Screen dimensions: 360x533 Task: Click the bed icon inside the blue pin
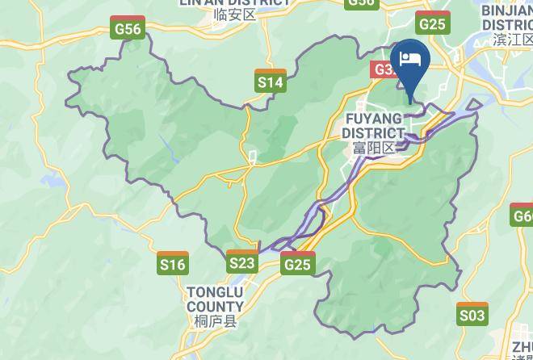click(x=409, y=59)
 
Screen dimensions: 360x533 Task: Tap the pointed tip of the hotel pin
click(x=409, y=103)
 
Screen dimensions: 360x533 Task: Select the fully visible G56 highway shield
click(x=128, y=29)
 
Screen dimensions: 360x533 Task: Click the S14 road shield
click(x=270, y=81)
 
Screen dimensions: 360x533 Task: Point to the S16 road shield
click(x=173, y=263)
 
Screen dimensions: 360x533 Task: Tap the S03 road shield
click(x=472, y=314)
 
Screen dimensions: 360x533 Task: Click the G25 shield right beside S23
click(x=297, y=263)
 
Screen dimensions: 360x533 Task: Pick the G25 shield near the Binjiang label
click(x=433, y=23)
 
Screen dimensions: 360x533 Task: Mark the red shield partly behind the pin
click(x=384, y=69)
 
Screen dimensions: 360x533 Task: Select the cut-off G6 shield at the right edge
click(x=523, y=216)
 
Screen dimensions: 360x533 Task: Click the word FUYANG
click(x=373, y=119)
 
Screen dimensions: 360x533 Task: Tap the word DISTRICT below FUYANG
click(x=373, y=133)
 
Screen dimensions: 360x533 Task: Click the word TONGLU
click(x=215, y=292)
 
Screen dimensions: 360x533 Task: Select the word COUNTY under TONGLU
click(x=215, y=307)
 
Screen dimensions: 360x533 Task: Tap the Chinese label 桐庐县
click(x=216, y=321)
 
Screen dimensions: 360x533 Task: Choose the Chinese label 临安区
click(x=235, y=15)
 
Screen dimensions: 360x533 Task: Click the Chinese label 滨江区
click(x=514, y=40)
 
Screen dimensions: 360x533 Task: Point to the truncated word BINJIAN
click(x=507, y=10)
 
